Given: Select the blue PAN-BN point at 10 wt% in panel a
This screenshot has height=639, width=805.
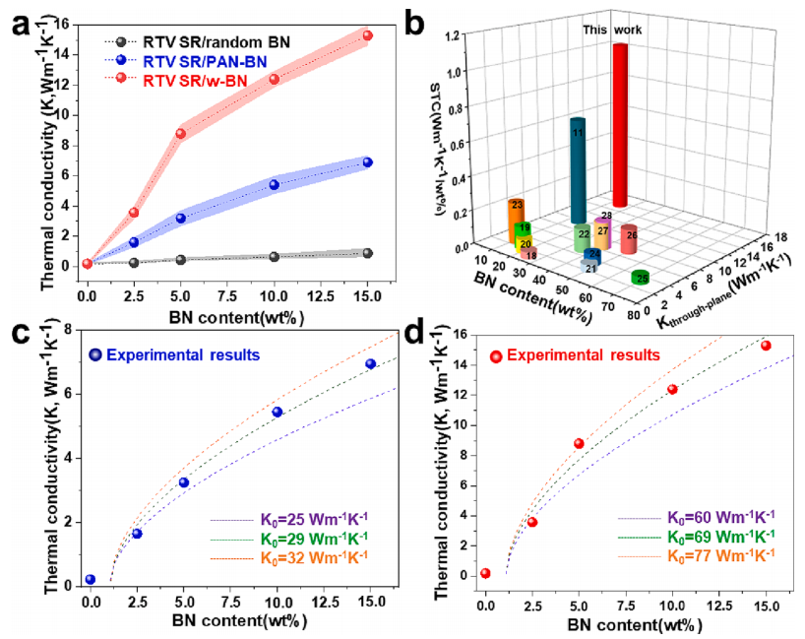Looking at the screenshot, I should pos(275,185).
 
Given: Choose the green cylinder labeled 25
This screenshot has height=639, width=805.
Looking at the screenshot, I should pos(642,280).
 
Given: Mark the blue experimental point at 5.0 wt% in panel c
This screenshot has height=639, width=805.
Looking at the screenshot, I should pos(184,482).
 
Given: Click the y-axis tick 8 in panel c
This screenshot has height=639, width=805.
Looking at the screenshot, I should pos(72,329).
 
